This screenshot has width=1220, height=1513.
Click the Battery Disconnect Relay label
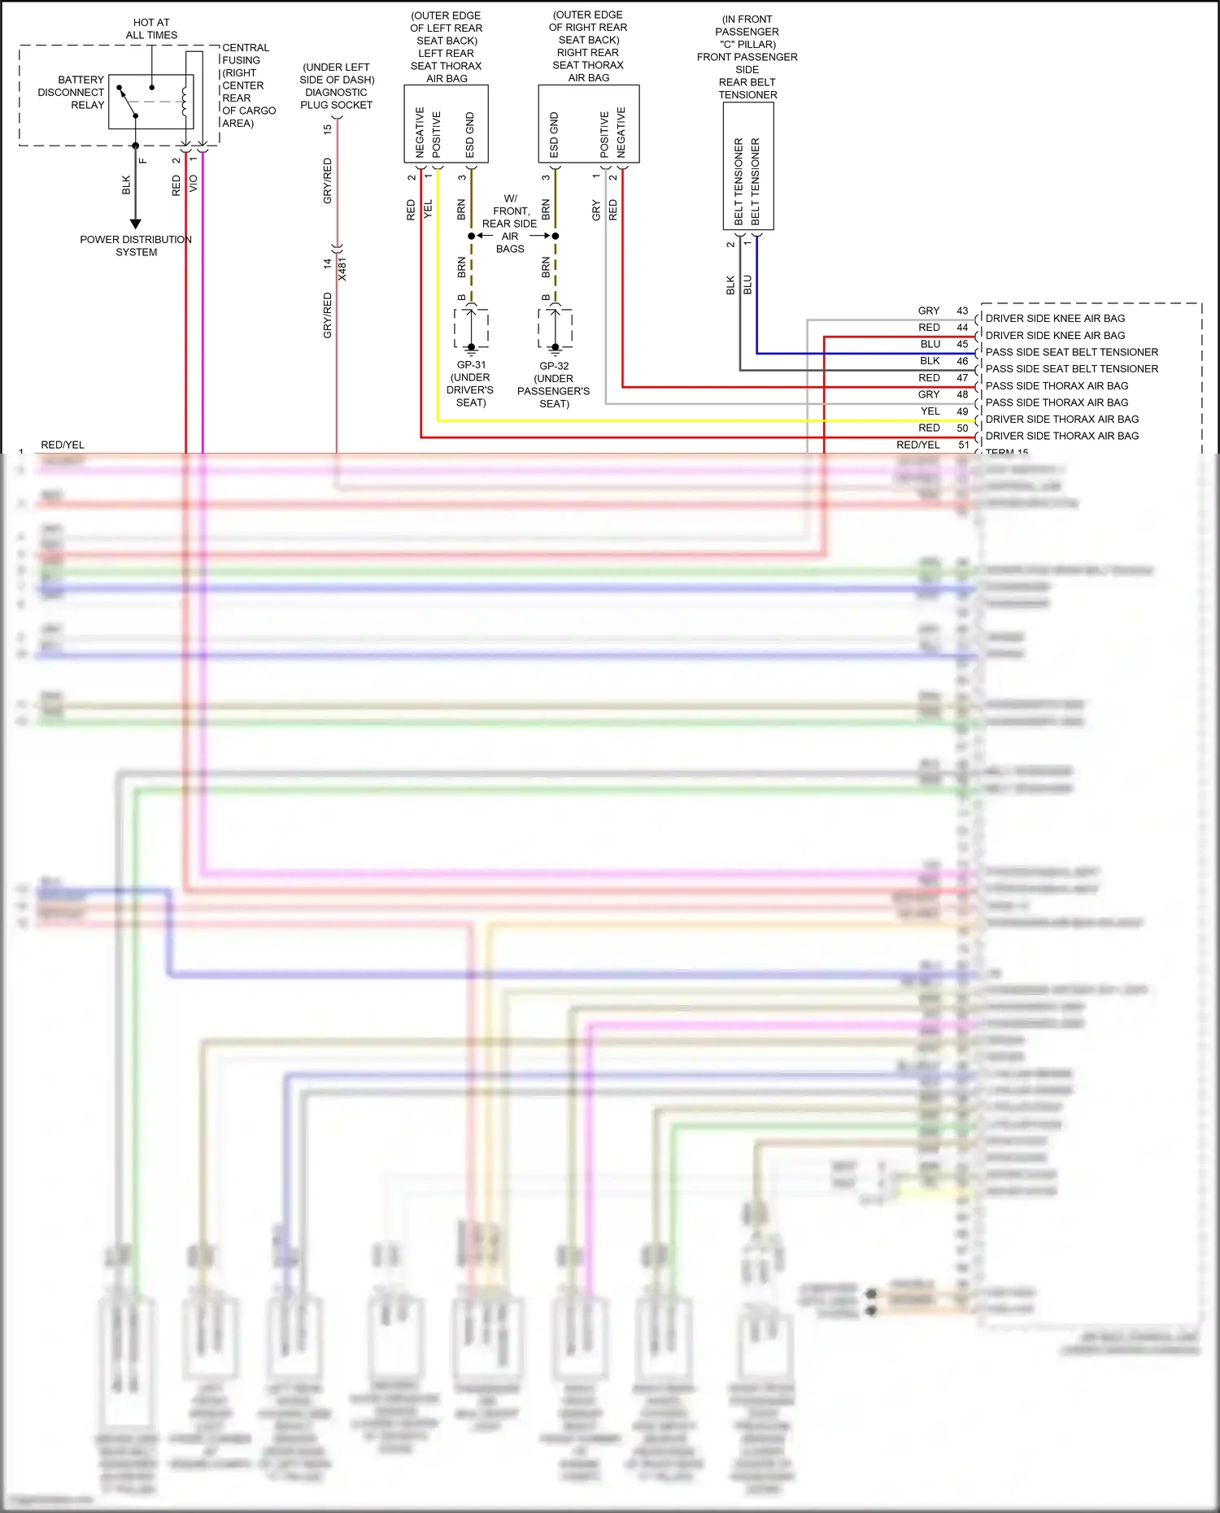coord(71,93)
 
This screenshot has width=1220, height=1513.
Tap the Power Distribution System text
coord(136,246)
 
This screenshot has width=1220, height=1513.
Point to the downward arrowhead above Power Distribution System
coord(136,224)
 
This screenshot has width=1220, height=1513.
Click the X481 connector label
coord(342,269)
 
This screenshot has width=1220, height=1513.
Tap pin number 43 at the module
coord(962,311)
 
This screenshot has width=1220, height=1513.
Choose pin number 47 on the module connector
coord(962,378)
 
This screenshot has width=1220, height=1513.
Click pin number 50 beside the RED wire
coord(962,428)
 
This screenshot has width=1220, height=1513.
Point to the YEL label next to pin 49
coord(930,411)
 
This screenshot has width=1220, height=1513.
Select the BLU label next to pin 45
coord(930,344)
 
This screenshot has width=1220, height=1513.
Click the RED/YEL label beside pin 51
coord(917,445)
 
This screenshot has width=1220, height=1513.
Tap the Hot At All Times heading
coord(151,28)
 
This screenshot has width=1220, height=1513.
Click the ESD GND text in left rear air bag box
coord(470,135)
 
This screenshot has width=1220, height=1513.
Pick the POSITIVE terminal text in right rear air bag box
coord(604,135)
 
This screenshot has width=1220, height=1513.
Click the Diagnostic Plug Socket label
coord(337,86)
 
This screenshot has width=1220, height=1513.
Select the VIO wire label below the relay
coord(194,184)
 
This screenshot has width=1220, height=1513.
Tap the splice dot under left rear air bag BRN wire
coord(472,236)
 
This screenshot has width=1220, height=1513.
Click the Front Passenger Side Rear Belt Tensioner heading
coord(747,57)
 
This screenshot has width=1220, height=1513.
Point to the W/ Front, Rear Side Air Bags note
coord(510,224)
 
